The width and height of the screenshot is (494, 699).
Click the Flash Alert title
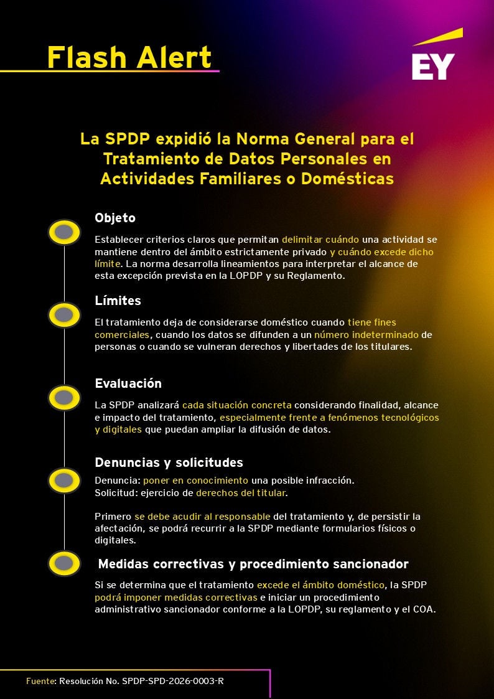[129, 57]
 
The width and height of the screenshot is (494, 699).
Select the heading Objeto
[115, 218]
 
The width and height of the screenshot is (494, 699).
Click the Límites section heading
[118, 301]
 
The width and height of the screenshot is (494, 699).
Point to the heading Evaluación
[128, 383]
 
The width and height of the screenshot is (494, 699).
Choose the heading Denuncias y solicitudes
[169, 462]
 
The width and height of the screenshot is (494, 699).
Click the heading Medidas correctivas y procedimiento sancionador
[253, 564]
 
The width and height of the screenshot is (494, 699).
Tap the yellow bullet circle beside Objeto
[64, 232]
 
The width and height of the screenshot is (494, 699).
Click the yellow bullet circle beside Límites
[64, 315]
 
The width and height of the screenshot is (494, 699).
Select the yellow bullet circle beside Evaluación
[64, 397]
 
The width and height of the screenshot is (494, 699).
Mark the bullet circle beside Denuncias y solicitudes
[64, 480]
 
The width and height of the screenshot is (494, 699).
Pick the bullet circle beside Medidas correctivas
[64, 563]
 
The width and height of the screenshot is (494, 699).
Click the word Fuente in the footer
[40, 681]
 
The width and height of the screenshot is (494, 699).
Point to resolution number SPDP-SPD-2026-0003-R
[172, 681]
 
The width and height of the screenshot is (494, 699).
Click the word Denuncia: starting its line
[118, 481]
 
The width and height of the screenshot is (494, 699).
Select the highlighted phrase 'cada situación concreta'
[236, 405]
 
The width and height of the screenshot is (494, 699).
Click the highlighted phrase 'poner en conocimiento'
[195, 481]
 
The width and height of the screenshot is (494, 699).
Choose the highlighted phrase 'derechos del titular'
[240, 493]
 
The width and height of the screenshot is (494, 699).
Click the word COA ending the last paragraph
[423, 609]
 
